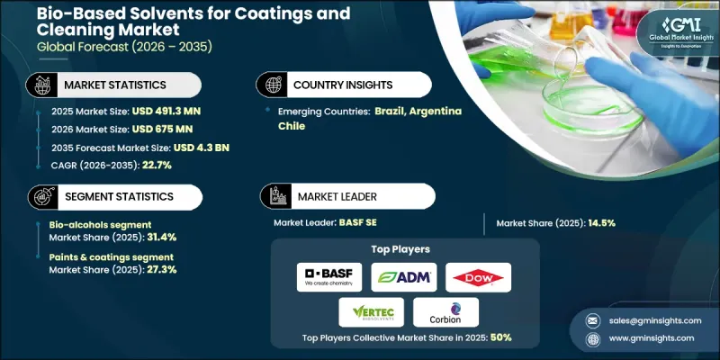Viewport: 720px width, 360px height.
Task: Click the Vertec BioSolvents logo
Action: click(365, 312)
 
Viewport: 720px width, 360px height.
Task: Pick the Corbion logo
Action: click(445, 311)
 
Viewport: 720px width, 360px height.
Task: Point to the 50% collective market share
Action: click(499, 337)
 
